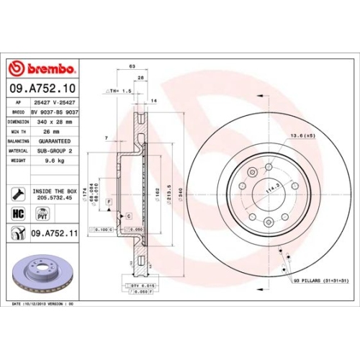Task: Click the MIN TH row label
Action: point(19,132)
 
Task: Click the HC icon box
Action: point(18,213)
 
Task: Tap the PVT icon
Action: point(42,213)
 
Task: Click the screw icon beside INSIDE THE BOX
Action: point(17,193)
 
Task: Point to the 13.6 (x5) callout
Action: point(302,136)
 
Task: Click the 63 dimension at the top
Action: point(132,66)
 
